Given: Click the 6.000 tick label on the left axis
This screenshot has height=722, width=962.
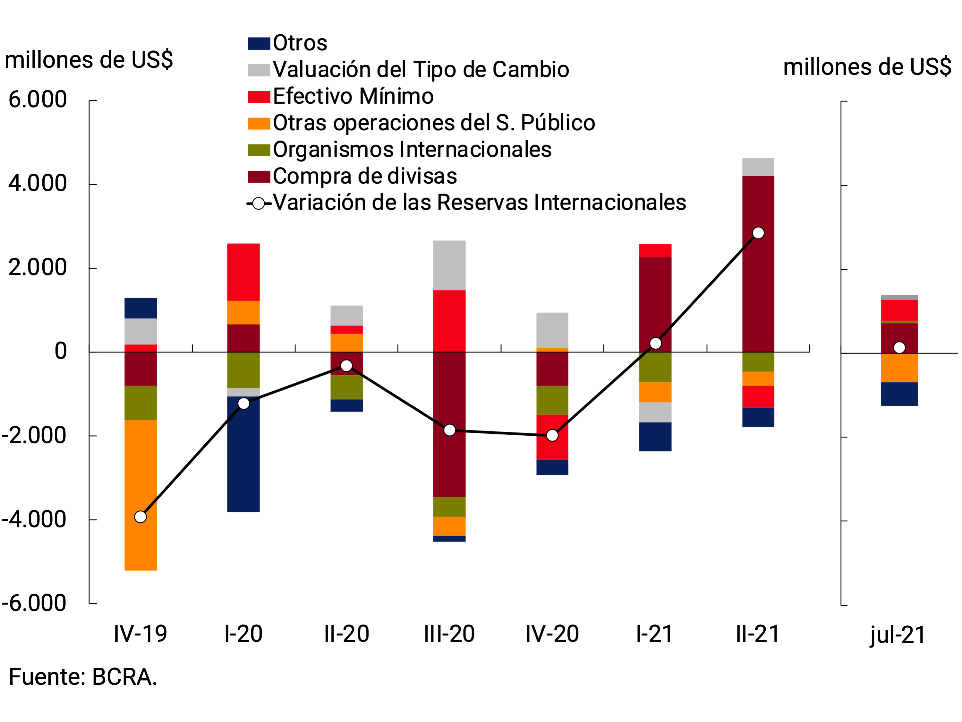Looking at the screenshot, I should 38,99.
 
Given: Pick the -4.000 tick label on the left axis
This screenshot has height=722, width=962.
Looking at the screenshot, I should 34,519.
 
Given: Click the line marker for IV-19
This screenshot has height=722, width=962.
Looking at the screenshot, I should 140,517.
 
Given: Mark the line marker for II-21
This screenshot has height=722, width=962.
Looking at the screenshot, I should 758,233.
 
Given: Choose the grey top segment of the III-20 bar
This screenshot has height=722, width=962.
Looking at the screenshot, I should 449,265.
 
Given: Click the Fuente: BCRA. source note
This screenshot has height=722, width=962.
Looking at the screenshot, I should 83,677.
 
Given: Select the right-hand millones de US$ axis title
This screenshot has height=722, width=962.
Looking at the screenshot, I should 867,67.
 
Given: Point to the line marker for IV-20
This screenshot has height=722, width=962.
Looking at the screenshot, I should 552,435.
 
